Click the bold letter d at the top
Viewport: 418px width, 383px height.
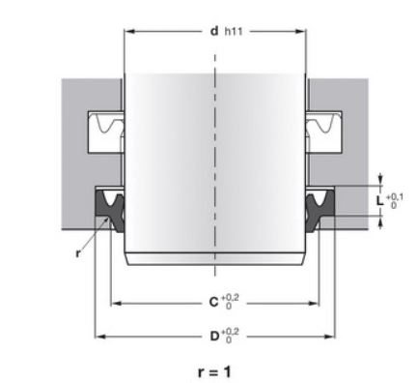[214, 31]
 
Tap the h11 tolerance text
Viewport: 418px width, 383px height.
[234, 32]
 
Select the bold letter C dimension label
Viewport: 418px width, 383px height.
[214, 302]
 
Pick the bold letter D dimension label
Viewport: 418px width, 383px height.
[214, 337]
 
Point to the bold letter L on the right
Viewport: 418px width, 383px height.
[380, 200]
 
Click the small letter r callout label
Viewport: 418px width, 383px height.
[77, 253]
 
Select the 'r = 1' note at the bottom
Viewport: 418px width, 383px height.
[214, 371]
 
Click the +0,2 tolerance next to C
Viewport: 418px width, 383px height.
[230, 298]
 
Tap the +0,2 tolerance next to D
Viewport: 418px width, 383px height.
[231, 332]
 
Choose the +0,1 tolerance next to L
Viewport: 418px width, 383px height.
[394, 196]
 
